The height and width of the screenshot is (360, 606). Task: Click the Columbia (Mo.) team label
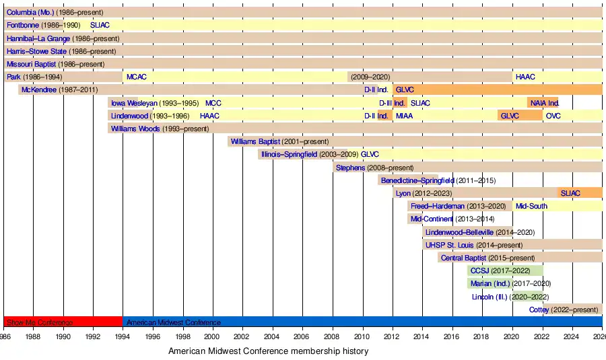[x=30, y=12]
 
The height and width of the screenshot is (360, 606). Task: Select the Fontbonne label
[x=23, y=25]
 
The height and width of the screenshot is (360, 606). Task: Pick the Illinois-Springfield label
[x=290, y=154]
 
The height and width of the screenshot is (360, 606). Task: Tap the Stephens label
[x=350, y=168]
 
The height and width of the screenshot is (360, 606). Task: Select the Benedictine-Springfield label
[x=417, y=180]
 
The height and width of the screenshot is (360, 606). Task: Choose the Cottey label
[x=539, y=310]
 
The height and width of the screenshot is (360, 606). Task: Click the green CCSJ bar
[x=490, y=271]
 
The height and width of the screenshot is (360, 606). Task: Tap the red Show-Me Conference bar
[x=63, y=322]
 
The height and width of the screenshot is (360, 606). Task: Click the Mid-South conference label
[x=531, y=206]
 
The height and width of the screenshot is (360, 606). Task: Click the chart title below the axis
[x=269, y=351]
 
